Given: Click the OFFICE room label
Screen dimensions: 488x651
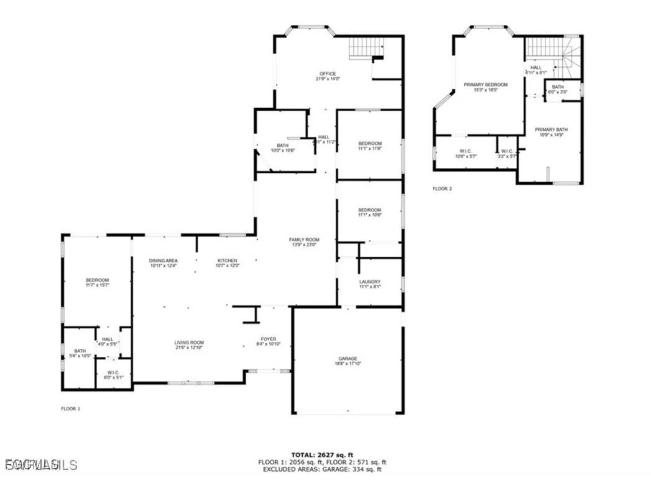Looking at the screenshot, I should coord(328,74).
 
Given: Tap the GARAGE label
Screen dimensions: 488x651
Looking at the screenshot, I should coord(348,359).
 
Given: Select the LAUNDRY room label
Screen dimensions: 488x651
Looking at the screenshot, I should coord(369,282).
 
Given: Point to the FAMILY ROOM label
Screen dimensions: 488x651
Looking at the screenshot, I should coord(303,240).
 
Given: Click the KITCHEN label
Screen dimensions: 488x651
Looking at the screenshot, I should coord(227,260).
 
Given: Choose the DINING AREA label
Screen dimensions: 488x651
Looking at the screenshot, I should coord(164,260).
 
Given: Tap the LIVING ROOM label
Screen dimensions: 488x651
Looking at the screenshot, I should coord(188,343).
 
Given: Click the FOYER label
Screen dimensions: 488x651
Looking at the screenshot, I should coord(269,339).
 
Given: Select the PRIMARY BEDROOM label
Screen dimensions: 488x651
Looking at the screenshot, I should coord(486,85).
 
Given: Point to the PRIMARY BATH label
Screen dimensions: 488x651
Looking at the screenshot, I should coord(551,130).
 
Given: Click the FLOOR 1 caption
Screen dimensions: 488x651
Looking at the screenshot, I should coord(70,408).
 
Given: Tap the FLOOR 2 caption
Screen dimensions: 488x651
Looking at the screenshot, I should coord(442,188).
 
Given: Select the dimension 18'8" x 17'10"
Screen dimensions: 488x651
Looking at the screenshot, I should coord(348,364).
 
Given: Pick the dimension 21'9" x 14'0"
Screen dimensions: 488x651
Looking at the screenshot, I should coord(328,79).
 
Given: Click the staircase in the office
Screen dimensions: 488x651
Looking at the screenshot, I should coord(366,47).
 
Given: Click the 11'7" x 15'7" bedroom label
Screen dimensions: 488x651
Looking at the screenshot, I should coord(97,280).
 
